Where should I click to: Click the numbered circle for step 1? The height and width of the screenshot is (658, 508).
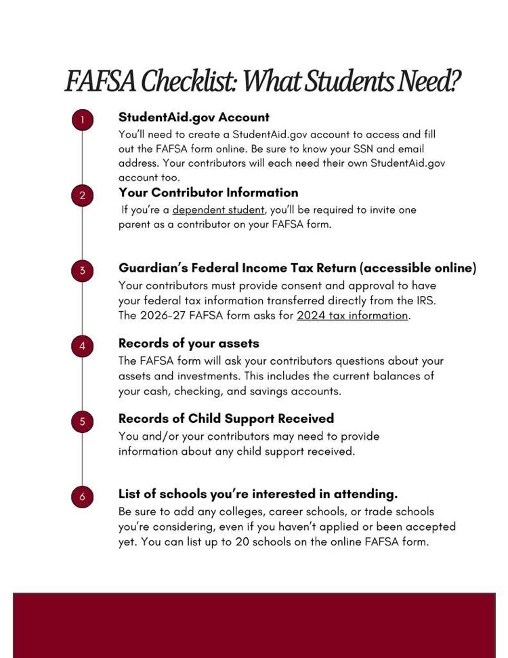click(82, 121)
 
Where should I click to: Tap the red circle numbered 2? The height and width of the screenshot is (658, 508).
click(82, 196)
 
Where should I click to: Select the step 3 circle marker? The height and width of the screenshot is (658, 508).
click(82, 271)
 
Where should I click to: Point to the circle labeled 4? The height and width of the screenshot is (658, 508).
click(82, 346)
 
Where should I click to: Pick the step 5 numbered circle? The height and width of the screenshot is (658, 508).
click(82, 421)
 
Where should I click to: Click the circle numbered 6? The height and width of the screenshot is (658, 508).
click(82, 497)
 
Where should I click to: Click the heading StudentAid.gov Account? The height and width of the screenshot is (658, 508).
click(194, 117)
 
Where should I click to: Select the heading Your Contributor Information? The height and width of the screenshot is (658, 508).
click(208, 192)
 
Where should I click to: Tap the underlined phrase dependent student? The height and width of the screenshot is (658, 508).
click(218, 210)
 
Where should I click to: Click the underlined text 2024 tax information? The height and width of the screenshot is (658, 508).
click(352, 316)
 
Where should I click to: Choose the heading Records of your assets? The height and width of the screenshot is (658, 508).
click(188, 343)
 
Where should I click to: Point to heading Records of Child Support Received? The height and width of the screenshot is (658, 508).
click(226, 418)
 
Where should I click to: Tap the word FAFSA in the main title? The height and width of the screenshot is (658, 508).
click(100, 82)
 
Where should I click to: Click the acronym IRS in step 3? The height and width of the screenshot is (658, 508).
click(425, 300)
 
